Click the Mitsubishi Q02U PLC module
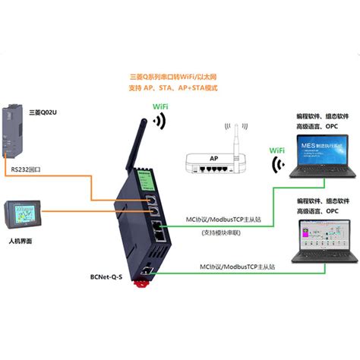pyautogui.click(x=19, y=126)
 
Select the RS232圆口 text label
pyautogui.click(x=30, y=161)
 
